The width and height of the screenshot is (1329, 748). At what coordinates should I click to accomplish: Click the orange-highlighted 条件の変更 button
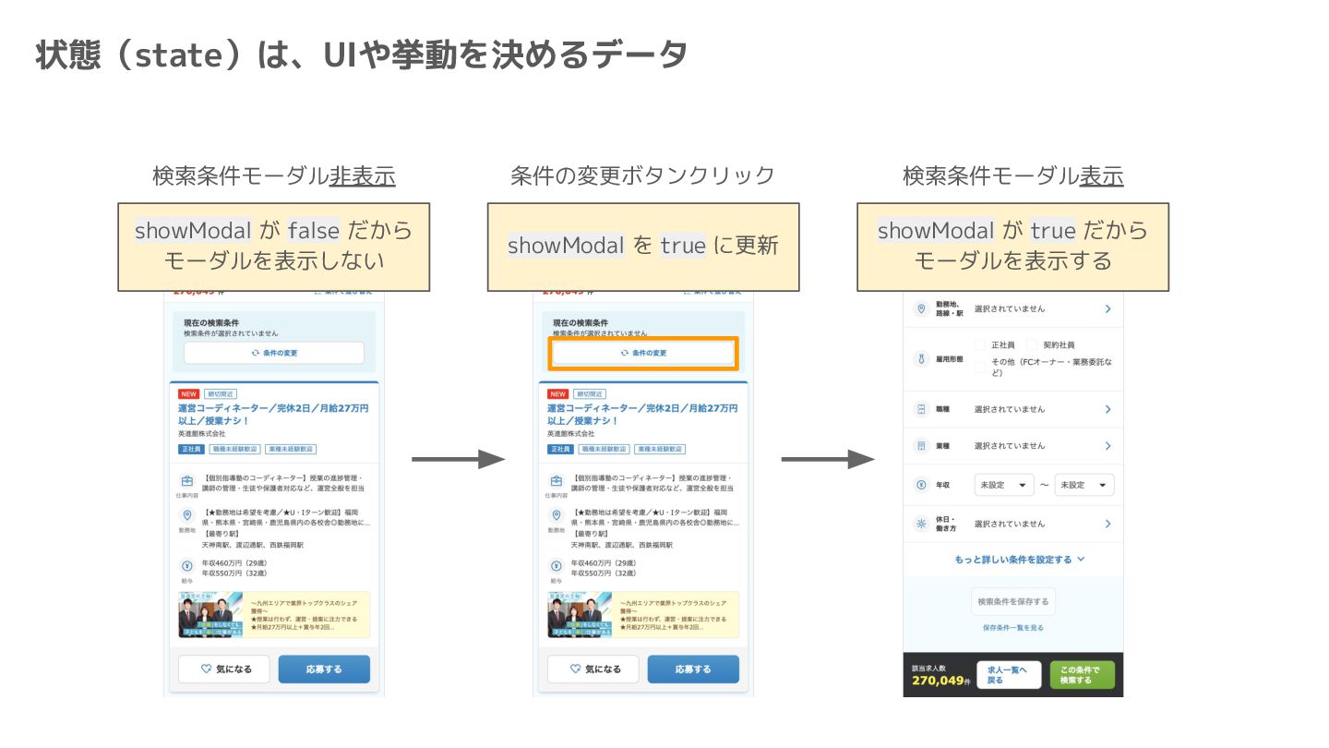[643, 353]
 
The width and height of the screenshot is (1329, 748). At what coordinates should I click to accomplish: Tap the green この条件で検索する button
[1082, 675]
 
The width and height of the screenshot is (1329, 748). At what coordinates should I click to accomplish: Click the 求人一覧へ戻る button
[1009, 675]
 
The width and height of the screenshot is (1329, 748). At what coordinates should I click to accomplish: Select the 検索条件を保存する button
[1012, 602]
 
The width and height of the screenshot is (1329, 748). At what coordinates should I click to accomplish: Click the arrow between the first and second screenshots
[458, 459]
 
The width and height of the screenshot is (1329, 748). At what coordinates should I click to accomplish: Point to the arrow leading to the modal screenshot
[827, 459]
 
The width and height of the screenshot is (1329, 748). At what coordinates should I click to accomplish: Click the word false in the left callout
[314, 230]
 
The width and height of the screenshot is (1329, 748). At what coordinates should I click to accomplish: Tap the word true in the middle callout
[683, 246]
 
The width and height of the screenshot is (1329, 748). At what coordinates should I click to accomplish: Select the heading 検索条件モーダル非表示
[273, 175]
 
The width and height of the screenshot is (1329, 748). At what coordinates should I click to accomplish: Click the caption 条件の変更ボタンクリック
[642, 175]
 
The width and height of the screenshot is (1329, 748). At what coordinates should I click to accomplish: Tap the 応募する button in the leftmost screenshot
[324, 670]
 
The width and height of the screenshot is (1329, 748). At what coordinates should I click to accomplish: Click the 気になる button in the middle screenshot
[593, 670]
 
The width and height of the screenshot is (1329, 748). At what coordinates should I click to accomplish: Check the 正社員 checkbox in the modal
[981, 344]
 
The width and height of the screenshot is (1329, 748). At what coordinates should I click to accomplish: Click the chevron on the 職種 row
[1107, 409]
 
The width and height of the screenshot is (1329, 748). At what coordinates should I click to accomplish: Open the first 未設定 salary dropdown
[1004, 485]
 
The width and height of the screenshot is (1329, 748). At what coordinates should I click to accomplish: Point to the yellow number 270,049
[937, 681]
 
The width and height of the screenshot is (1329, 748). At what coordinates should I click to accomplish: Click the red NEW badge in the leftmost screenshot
[188, 393]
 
